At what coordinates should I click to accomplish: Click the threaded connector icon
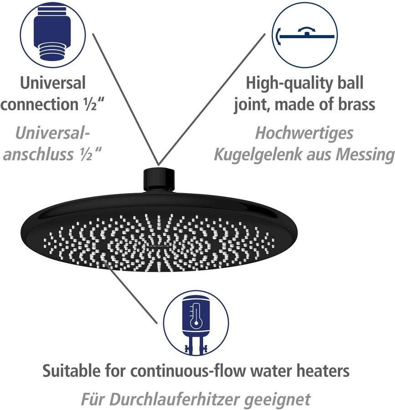pos(53,34)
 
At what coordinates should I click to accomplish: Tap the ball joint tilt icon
pos(304,35)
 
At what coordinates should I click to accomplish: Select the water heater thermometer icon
pos(196,322)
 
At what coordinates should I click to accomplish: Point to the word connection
pos(40,104)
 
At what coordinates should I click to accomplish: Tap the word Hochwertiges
pos(304,133)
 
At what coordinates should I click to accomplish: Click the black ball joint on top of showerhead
pos(159,180)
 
